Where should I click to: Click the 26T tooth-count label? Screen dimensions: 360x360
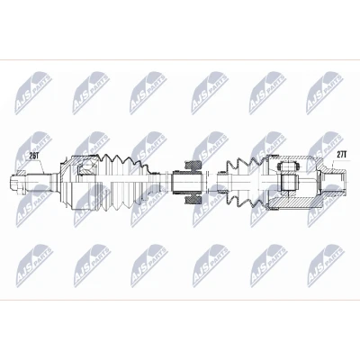click(x=34, y=156)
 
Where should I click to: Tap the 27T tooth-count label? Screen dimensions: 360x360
click(x=341, y=155)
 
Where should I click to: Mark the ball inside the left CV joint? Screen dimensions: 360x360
click(x=87, y=165)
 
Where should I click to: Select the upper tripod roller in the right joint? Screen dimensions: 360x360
click(x=288, y=166)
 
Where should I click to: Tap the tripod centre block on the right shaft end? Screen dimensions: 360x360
click(x=289, y=183)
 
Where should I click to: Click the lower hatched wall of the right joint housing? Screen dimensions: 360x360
click(x=295, y=204)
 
